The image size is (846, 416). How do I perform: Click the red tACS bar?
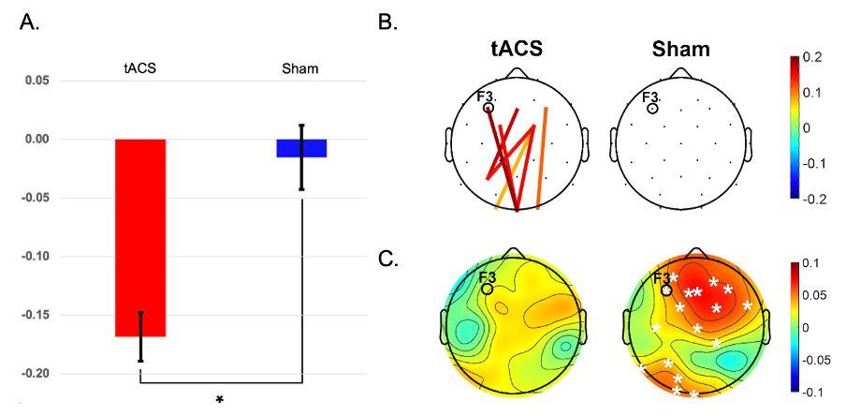click(140, 238)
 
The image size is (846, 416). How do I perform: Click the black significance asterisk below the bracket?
click(220, 400)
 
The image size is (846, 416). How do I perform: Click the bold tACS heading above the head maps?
click(517, 50)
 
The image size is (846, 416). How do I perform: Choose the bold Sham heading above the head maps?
click(680, 50)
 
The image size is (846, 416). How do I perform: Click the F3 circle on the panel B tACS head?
click(489, 108)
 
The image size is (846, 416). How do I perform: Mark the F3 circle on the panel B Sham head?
click(653, 108)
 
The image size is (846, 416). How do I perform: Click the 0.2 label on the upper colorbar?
click(814, 58)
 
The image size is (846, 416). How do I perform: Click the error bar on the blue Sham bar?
click(301, 157)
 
